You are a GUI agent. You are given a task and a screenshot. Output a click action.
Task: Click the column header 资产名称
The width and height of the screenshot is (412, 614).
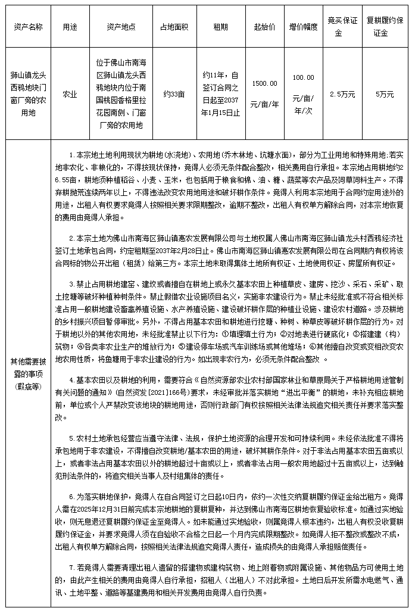tap(27, 27)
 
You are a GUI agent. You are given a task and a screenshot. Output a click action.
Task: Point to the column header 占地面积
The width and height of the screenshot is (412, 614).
tap(174, 27)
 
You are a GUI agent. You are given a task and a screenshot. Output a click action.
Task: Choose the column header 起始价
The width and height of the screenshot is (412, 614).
tap(264, 27)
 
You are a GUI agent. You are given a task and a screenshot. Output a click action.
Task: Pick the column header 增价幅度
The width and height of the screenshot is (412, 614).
tap(303, 27)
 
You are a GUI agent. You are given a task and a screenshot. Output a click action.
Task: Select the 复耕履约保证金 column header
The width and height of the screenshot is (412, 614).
tap(385, 27)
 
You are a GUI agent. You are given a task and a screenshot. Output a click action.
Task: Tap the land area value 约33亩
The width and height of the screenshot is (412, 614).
tap(174, 94)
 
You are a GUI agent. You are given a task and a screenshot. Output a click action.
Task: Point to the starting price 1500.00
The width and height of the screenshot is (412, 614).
tap(264, 83)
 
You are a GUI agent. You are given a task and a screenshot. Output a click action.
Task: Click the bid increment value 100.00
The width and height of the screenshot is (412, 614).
tap(303, 77)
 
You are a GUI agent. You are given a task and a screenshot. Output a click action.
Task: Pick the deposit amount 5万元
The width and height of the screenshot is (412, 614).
tap(385, 94)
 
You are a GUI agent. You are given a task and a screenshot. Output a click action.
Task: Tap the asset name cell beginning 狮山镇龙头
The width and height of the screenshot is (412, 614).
tap(27, 94)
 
